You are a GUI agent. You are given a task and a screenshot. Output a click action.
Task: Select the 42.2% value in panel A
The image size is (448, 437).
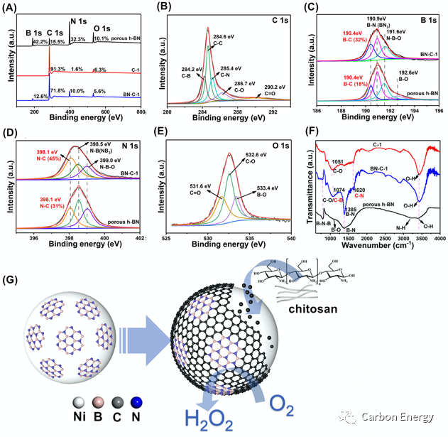[x=39, y=41]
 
